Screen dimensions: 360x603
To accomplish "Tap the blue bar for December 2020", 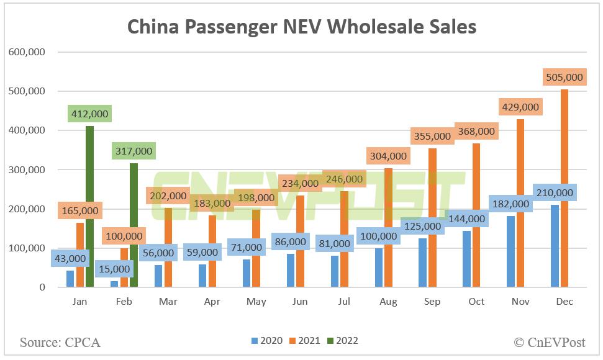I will point(555,246).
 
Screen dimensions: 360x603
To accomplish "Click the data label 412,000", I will point(90,114).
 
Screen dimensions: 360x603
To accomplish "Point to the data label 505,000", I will point(564,77).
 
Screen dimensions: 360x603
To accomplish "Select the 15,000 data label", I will point(114,269).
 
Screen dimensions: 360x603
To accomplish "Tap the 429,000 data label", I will point(520,107).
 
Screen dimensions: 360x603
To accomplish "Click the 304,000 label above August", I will point(388,156).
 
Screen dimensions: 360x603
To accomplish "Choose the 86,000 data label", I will point(290,241).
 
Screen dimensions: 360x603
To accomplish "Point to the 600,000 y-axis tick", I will point(27,52).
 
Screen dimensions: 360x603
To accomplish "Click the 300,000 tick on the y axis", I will point(27,170).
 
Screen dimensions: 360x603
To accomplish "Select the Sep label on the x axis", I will point(432,302).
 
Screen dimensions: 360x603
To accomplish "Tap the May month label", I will point(256,302).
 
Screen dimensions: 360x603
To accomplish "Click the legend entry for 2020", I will point(267,341).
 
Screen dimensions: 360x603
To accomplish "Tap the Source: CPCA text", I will point(60,342).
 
